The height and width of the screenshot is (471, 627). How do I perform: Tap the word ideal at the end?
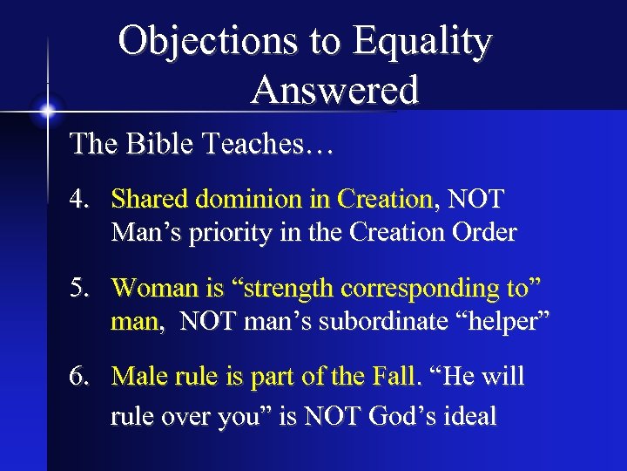click(468, 416)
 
